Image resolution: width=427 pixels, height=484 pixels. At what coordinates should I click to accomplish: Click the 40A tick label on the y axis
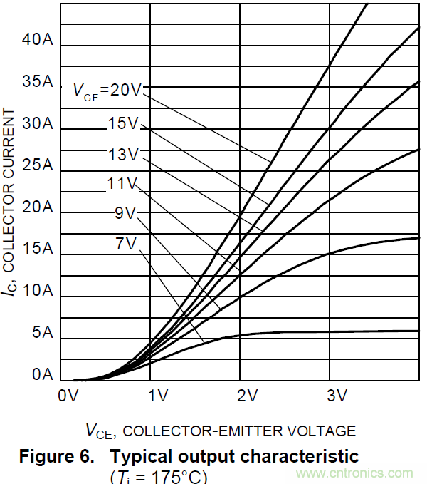point(38,40)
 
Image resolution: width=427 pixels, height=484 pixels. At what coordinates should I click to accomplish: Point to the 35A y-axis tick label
point(38,82)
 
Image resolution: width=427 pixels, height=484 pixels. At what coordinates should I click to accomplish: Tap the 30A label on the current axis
point(38,123)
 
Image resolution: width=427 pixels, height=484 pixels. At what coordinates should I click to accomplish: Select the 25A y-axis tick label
point(38,165)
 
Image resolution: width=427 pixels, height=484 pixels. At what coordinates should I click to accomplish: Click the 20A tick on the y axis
point(38,207)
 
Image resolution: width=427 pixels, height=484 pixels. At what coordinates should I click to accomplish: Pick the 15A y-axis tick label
point(38,249)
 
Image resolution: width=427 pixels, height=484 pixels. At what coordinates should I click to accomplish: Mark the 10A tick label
point(38,291)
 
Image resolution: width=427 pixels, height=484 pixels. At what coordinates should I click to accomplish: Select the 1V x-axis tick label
point(157,395)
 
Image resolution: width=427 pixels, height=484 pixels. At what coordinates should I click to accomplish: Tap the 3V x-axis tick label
point(336,395)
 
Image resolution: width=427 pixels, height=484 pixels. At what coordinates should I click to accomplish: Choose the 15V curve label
point(123,123)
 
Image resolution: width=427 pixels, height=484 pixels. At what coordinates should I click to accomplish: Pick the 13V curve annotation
point(123,154)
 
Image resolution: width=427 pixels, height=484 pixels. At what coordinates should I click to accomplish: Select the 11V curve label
point(122,183)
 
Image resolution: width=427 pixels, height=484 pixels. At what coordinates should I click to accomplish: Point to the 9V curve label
point(125,212)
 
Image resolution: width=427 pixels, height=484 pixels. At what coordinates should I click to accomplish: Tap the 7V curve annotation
point(125,243)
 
